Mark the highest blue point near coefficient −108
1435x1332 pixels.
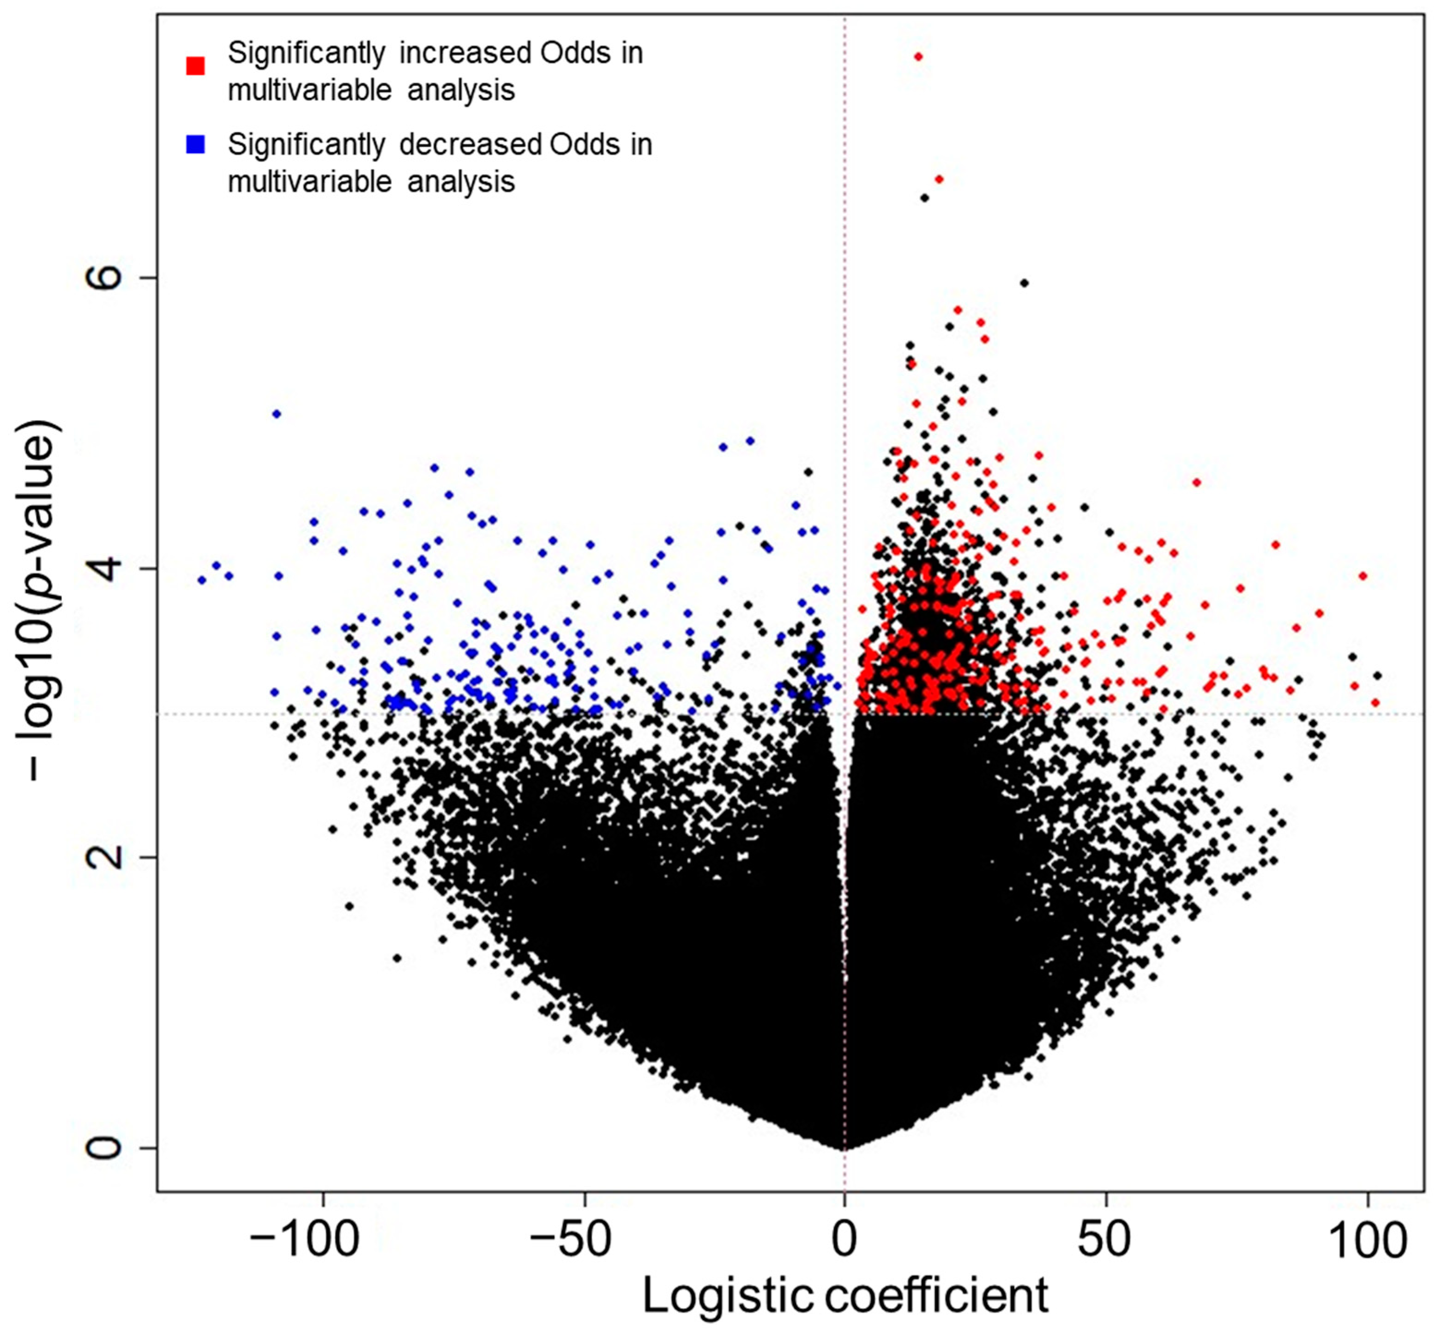pyautogui.click(x=276, y=414)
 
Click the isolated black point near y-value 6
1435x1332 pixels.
pyautogui.click(x=1024, y=283)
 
